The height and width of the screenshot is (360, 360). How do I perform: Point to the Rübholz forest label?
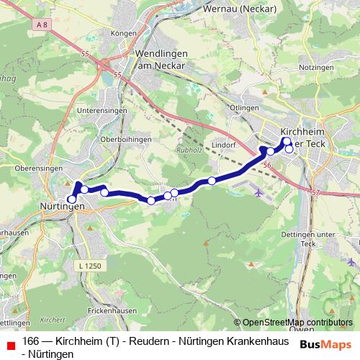click(189, 150)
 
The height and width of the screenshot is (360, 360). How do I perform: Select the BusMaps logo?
click(325, 344)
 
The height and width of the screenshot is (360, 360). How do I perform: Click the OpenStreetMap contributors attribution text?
click(297, 322)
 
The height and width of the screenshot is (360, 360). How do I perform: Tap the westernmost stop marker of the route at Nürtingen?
click(71, 199)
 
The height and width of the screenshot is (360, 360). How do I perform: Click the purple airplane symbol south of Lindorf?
click(258, 192)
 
